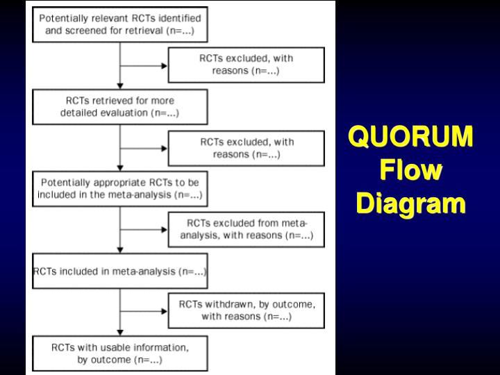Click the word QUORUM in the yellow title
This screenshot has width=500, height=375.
[411, 137]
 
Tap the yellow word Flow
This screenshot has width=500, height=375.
[411, 171]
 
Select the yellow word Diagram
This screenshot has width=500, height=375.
[411, 204]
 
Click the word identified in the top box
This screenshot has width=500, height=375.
[176, 17]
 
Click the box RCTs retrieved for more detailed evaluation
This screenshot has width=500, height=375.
[119, 107]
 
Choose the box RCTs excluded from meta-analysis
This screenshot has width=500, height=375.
[246, 230]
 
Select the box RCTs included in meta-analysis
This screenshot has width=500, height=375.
[119, 271]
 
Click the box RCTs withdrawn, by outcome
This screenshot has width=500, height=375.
[246, 310]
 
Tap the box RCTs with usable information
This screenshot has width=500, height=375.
[119, 353]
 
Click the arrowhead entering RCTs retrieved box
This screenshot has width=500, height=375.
[120, 86]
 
